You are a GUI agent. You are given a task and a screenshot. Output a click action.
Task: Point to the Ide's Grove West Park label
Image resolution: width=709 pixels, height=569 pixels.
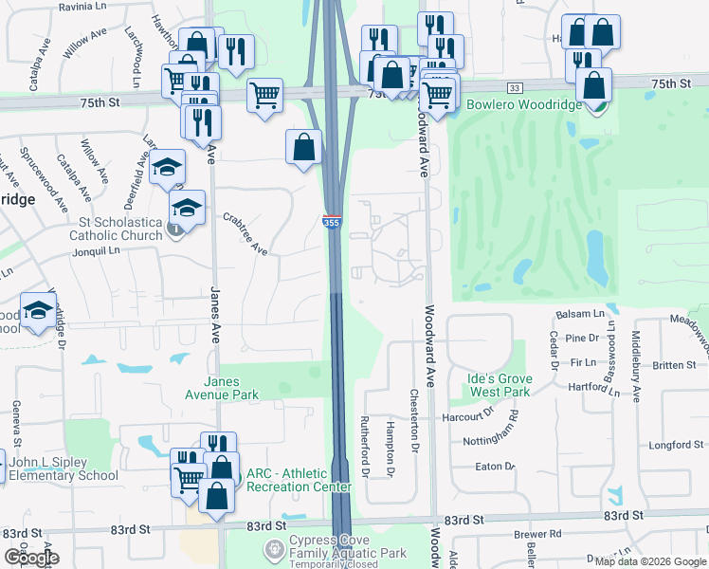(x=500, y=385)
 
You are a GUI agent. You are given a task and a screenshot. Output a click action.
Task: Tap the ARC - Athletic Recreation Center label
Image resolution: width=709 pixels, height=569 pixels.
(x=299, y=480)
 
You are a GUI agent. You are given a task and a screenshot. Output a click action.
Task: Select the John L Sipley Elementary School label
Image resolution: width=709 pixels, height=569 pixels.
(x=64, y=469)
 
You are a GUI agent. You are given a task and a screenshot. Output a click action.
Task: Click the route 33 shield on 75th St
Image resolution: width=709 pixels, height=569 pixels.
(x=513, y=87)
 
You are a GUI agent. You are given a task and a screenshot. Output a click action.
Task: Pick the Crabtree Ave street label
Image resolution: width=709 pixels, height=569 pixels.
(x=245, y=233)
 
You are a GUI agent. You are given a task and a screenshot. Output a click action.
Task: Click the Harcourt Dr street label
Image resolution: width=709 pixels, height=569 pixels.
(x=468, y=416)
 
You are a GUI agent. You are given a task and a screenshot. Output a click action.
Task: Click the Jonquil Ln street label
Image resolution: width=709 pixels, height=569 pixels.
(x=100, y=251)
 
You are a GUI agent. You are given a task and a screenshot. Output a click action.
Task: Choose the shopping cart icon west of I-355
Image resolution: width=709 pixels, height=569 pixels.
(x=264, y=96)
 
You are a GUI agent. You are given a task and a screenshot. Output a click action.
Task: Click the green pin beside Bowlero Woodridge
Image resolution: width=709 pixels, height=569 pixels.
(x=596, y=105)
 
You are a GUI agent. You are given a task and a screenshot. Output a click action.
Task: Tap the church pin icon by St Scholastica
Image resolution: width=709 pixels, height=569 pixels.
(x=174, y=229)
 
